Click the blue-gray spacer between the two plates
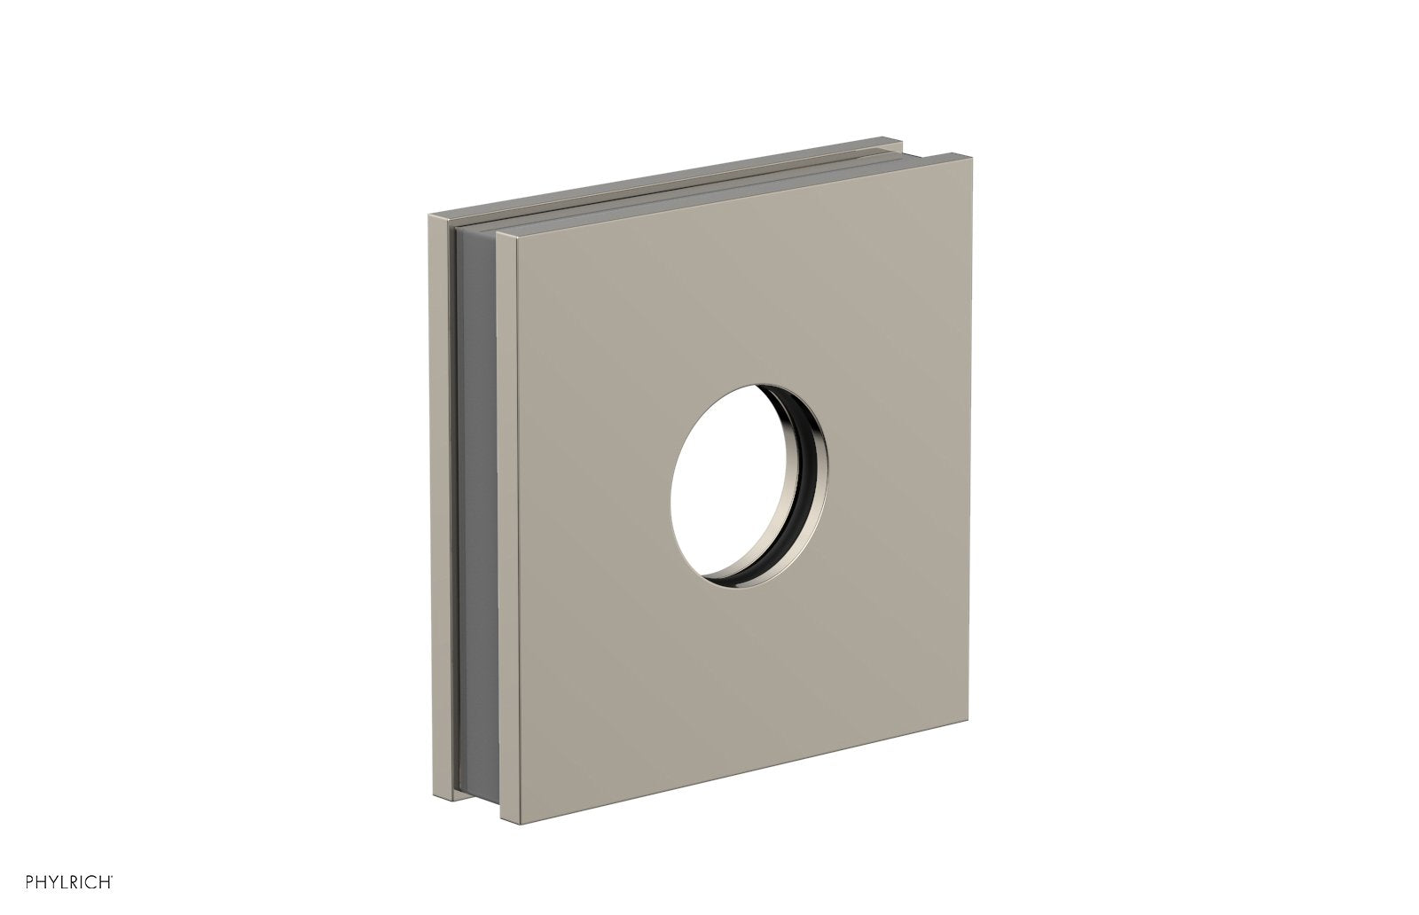pyautogui.click(x=474, y=497)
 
